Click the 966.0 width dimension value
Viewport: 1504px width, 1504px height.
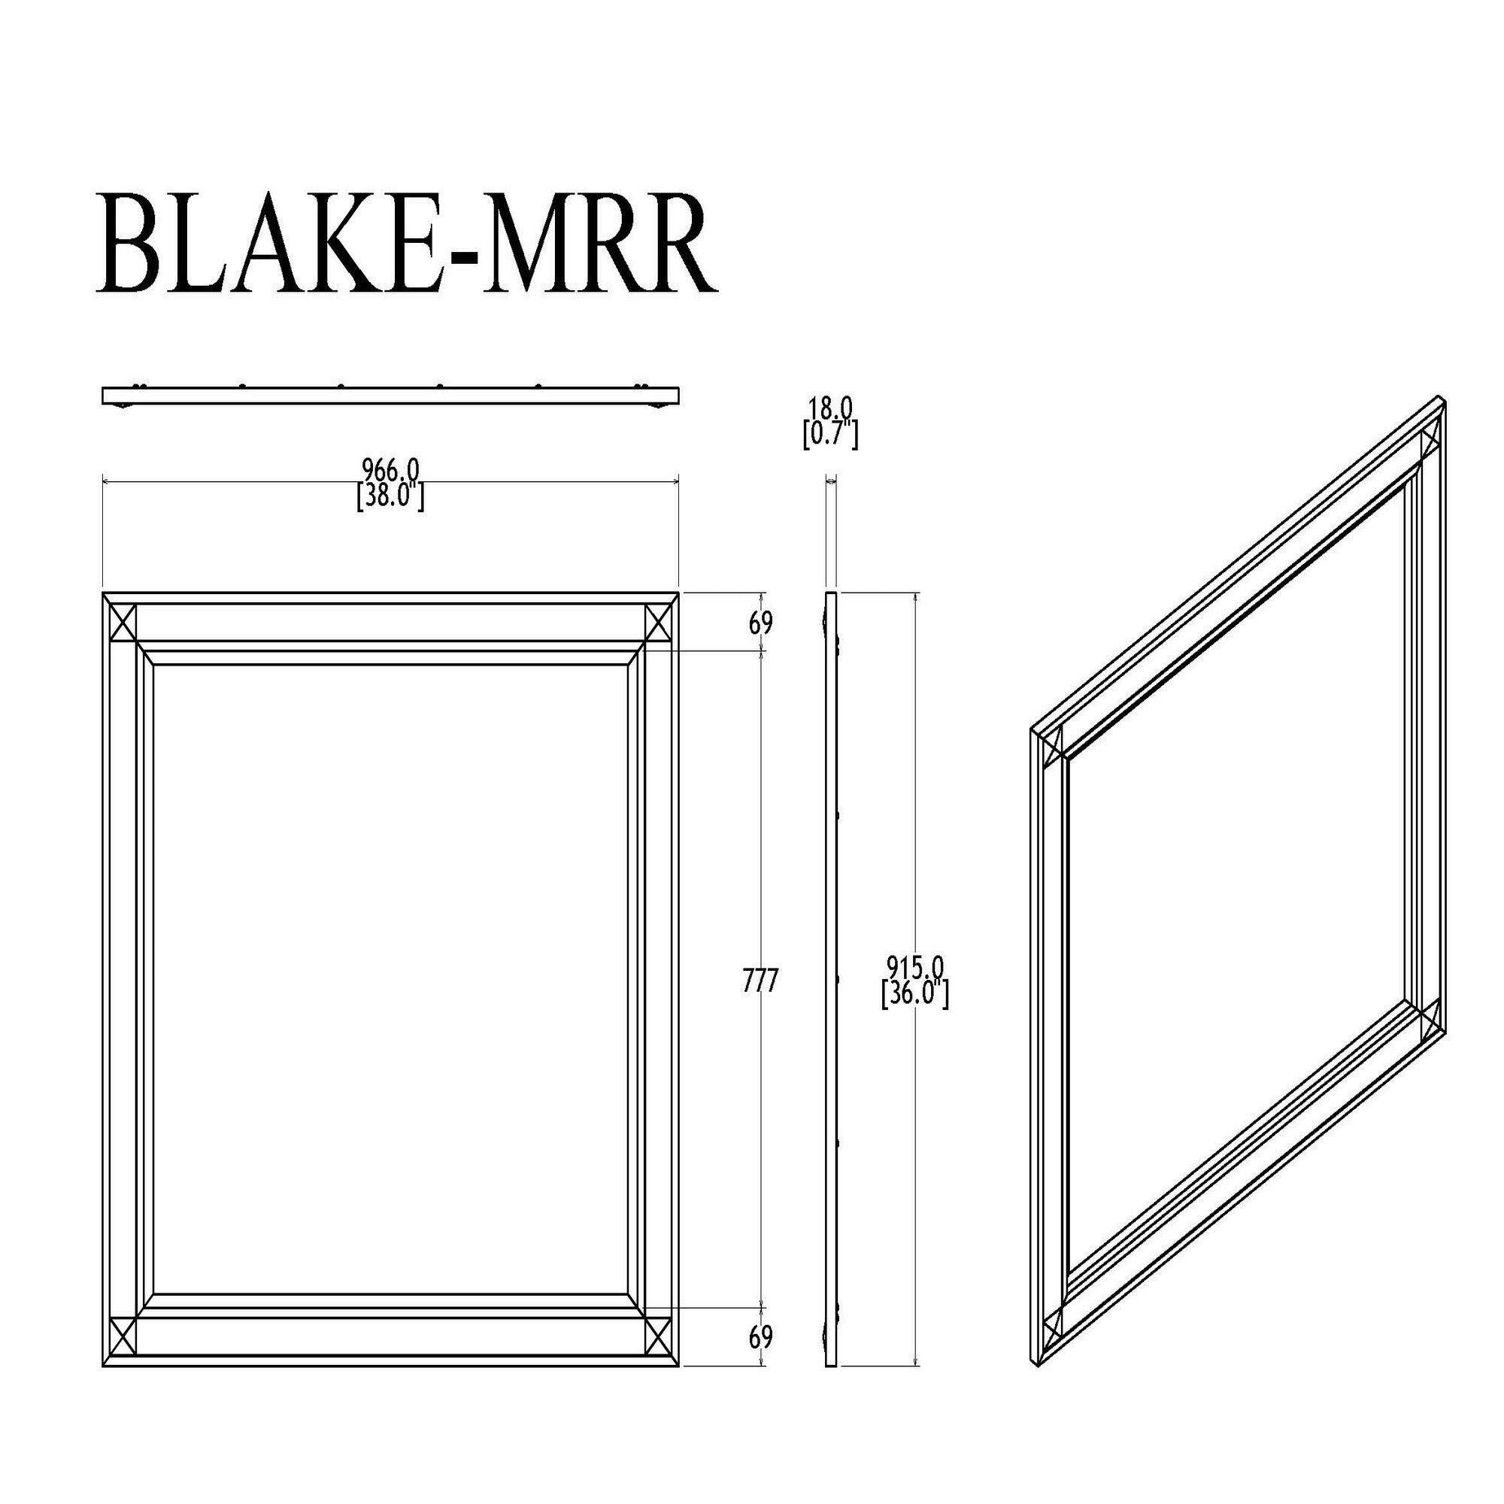click(x=392, y=469)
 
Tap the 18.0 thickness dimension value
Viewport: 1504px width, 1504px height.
click(x=831, y=406)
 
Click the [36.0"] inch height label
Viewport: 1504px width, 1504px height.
click(x=915, y=996)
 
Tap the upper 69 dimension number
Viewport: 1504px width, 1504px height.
click(x=760, y=623)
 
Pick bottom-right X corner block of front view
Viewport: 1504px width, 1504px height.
click(x=660, y=1336)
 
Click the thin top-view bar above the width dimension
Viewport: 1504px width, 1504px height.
click(x=391, y=396)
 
